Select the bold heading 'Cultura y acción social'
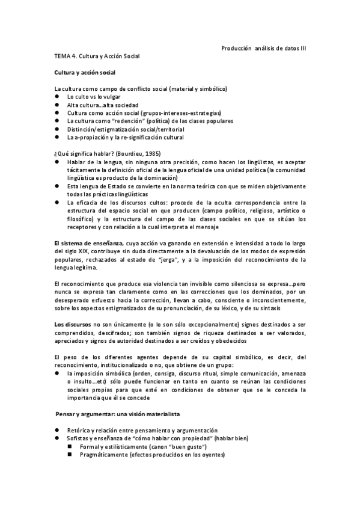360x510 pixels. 89,72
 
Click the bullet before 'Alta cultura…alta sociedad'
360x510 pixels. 56,105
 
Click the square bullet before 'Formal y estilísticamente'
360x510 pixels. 69,447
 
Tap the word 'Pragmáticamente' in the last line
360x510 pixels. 103,455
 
